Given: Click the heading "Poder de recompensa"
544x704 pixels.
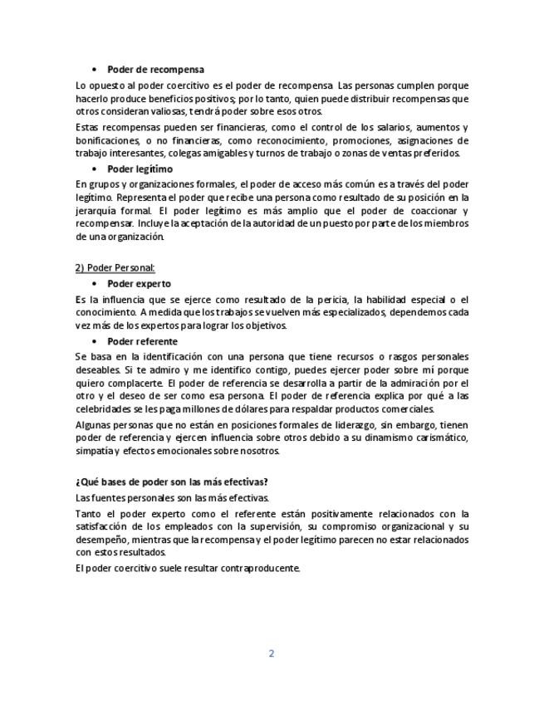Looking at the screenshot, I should [155, 70].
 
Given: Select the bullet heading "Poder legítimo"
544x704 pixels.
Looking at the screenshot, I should [140, 169].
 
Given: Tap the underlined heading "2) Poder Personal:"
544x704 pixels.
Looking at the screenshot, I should [115, 267].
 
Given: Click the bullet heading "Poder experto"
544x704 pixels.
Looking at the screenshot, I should [139, 284].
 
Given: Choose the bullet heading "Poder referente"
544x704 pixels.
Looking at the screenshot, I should [142, 341].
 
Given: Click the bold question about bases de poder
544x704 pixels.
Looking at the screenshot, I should [171, 482].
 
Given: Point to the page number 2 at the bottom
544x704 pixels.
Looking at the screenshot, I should [271, 653].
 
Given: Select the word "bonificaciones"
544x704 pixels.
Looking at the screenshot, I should [106, 140].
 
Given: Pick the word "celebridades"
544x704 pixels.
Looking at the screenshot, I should [103, 409].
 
